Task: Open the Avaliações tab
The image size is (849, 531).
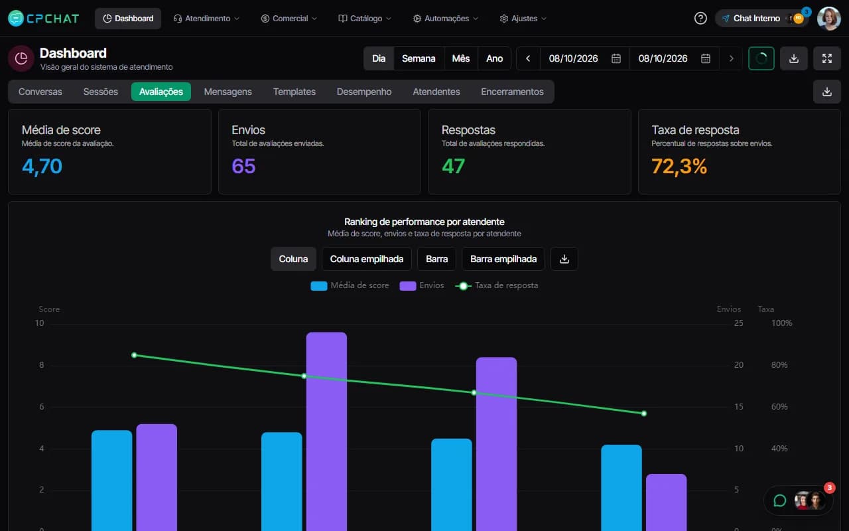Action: coord(161,92)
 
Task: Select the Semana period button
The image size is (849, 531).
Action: coord(419,58)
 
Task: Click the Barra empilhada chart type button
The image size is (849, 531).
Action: coord(503,259)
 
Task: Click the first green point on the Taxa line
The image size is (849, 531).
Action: coord(134,355)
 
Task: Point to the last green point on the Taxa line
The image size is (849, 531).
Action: coord(644,414)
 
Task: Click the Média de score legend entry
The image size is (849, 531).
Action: coord(350,285)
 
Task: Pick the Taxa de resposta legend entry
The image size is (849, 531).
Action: coord(497,285)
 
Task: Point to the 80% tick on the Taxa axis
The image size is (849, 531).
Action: coord(779,365)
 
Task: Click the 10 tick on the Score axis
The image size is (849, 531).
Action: coord(39,323)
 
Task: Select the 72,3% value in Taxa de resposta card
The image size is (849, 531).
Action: coord(679,167)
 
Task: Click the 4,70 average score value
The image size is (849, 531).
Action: coord(42,167)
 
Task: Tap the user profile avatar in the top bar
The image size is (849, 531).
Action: coord(828,18)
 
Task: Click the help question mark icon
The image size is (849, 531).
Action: coord(700,18)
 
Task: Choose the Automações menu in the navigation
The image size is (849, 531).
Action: coord(446,18)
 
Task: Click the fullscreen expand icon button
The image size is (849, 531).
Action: coord(827,58)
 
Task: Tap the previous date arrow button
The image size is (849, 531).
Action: coord(528,58)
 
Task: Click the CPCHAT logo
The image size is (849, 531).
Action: coord(44,18)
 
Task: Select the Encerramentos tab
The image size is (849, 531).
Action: coord(512,92)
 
